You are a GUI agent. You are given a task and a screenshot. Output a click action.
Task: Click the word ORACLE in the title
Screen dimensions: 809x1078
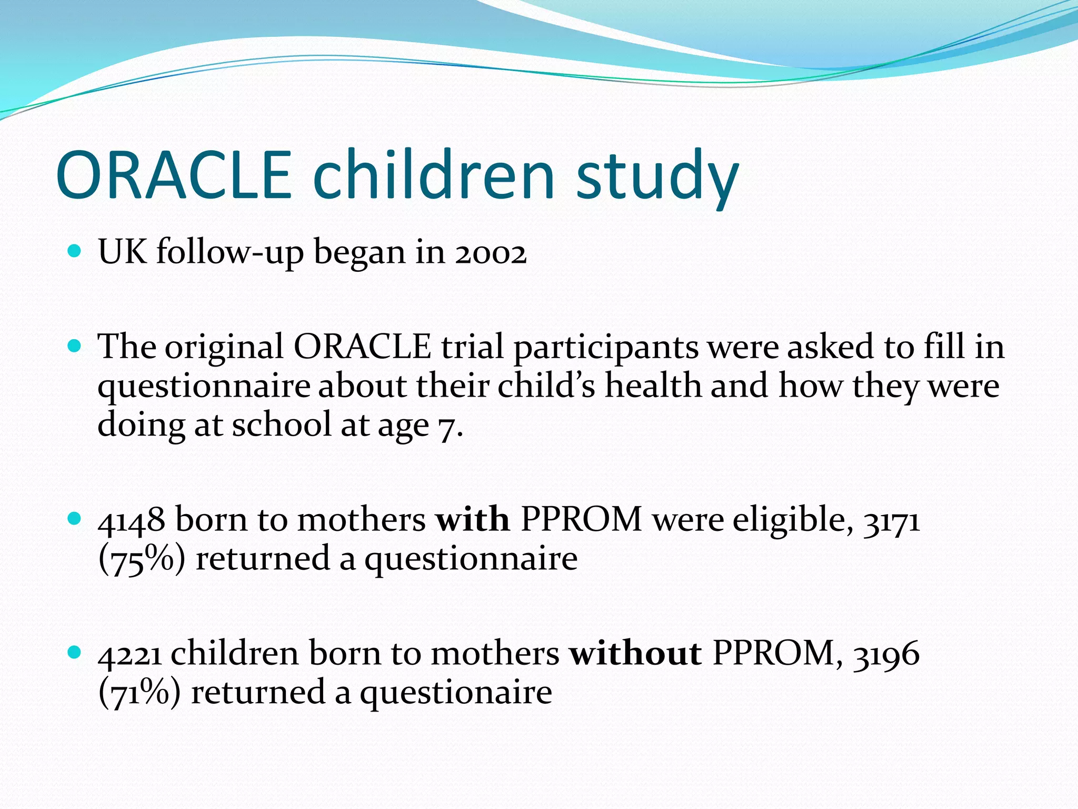click(174, 175)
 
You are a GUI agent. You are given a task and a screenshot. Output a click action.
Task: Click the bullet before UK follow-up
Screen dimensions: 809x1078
click(75, 251)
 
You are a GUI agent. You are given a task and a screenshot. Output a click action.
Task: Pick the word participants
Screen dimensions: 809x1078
click(606, 348)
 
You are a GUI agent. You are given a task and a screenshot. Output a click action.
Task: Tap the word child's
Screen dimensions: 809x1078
click(546, 386)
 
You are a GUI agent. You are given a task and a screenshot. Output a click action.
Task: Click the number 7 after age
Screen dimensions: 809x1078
click(446, 427)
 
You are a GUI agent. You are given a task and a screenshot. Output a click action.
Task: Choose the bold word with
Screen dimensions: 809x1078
click(472, 519)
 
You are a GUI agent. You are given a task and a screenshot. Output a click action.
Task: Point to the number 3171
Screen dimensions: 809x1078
click(891, 521)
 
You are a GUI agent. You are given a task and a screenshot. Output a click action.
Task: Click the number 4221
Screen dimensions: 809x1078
click(130, 654)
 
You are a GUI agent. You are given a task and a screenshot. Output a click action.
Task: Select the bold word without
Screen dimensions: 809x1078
click(635, 653)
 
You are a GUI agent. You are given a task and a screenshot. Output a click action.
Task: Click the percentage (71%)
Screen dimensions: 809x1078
click(140, 693)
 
